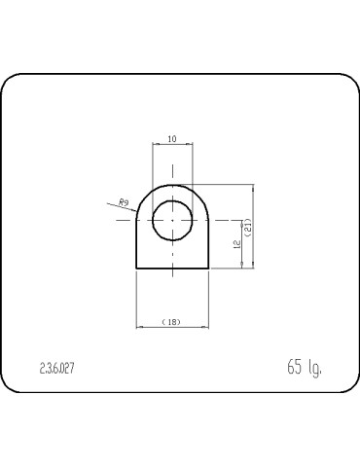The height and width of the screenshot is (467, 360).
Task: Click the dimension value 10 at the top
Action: [172, 139]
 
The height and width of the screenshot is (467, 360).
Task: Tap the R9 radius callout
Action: [124, 203]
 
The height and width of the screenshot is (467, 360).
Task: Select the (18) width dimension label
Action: [171, 322]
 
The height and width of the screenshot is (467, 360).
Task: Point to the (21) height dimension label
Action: [248, 228]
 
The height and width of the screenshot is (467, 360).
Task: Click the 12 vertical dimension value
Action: [237, 244]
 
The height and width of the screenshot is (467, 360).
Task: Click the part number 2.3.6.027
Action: [56, 369]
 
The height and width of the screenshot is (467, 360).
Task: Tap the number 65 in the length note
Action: [295, 367]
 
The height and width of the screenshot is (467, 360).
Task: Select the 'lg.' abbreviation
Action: [314, 368]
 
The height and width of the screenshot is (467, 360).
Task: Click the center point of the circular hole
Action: [172, 220]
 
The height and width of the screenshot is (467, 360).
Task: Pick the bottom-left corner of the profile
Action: [136, 269]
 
